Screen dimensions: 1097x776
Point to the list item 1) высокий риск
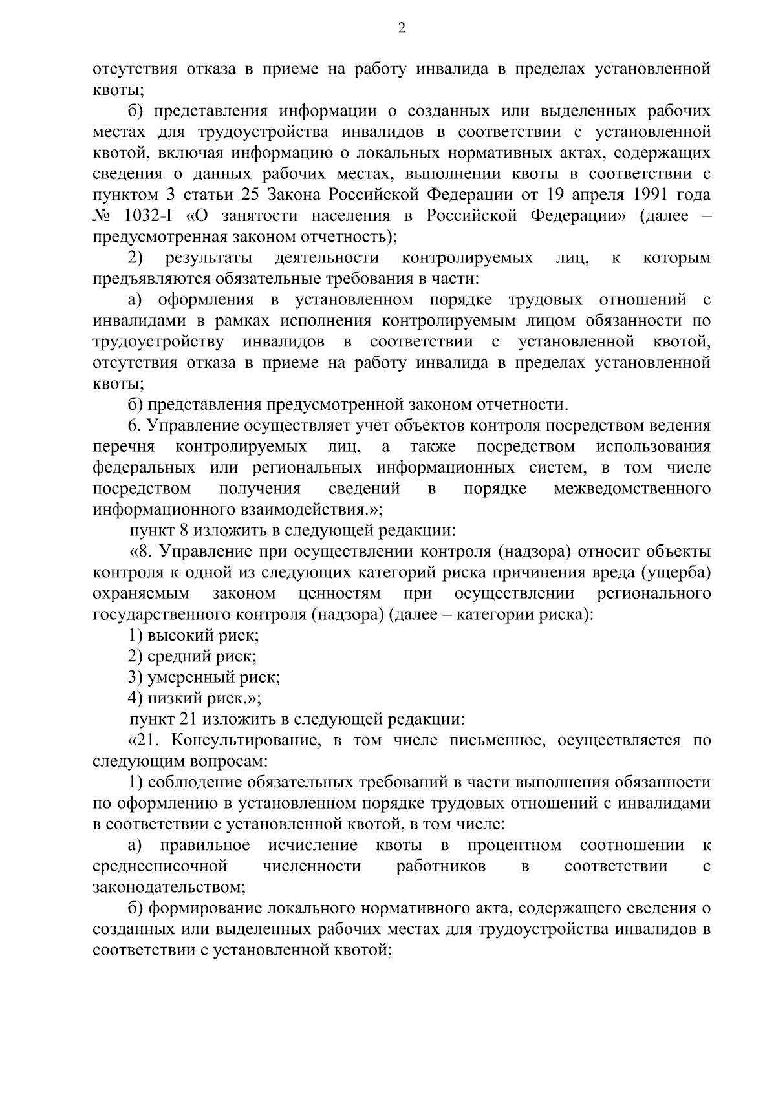tap(193, 635)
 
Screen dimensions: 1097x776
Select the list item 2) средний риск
tap(192, 657)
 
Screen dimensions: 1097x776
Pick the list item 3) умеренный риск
tap(204, 677)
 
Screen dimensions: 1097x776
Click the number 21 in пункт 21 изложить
tap(178, 719)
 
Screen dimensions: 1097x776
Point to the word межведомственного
tap(632, 488)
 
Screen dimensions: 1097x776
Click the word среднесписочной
tap(160, 866)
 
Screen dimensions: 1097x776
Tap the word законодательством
tap(169, 888)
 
